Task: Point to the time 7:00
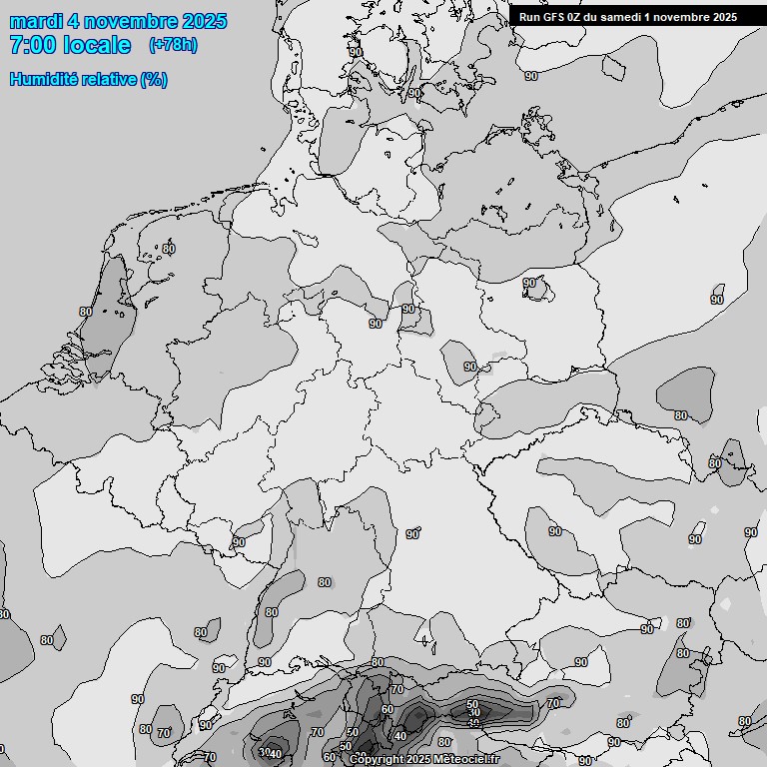pyautogui.click(x=34, y=45)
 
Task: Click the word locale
pyautogui.click(x=99, y=45)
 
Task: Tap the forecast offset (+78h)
pyautogui.click(x=173, y=45)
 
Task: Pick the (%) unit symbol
pyautogui.click(x=155, y=79)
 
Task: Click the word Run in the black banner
pyautogui.click(x=530, y=16)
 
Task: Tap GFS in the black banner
pyautogui.click(x=555, y=16)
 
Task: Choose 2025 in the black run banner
pyautogui.click(x=726, y=16)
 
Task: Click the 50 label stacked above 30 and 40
pyautogui.click(x=472, y=704)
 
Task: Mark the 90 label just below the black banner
pyautogui.click(x=531, y=76)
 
